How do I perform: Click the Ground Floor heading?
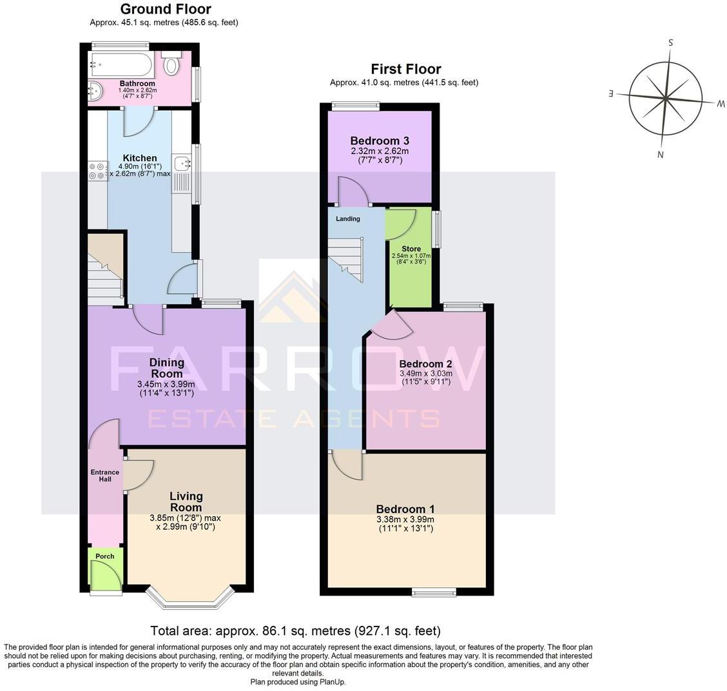click(x=166, y=9)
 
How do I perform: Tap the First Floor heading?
click(x=405, y=69)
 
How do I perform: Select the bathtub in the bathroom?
click(x=122, y=65)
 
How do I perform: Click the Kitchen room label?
click(x=140, y=158)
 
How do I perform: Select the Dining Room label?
click(x=167, y=368)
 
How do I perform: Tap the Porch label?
click(x=104, y=556)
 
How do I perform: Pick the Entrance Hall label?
click(x=104, y=476)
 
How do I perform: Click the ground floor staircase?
click(x=105, y=271)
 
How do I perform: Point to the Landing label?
click(x=347, y=219)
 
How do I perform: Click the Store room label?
click(x=411, y=249)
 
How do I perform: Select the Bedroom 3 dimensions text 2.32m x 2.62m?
click(x=380, y=151)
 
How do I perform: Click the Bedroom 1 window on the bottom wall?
click(x=434, y=592)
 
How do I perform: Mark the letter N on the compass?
click(x=661, y=154)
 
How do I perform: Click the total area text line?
click(x=295, y=630)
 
